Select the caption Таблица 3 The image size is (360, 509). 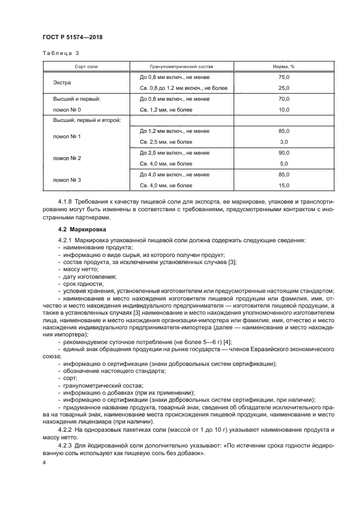coord(61,53)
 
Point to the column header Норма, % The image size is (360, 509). coord(283,67)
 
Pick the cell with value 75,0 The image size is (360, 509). coord(284,78)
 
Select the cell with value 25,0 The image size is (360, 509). coord(284,88)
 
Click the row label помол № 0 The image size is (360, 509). coord(66,109)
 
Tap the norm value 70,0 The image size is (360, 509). coord(284,99)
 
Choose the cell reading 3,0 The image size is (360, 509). coord(284,142)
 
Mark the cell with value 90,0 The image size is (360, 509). coord(284,153)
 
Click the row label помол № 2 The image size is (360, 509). coord(66,158)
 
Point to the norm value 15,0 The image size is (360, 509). coord(284,185)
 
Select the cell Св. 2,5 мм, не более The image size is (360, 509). coord(166,142)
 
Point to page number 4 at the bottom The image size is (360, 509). coord(44,462)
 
